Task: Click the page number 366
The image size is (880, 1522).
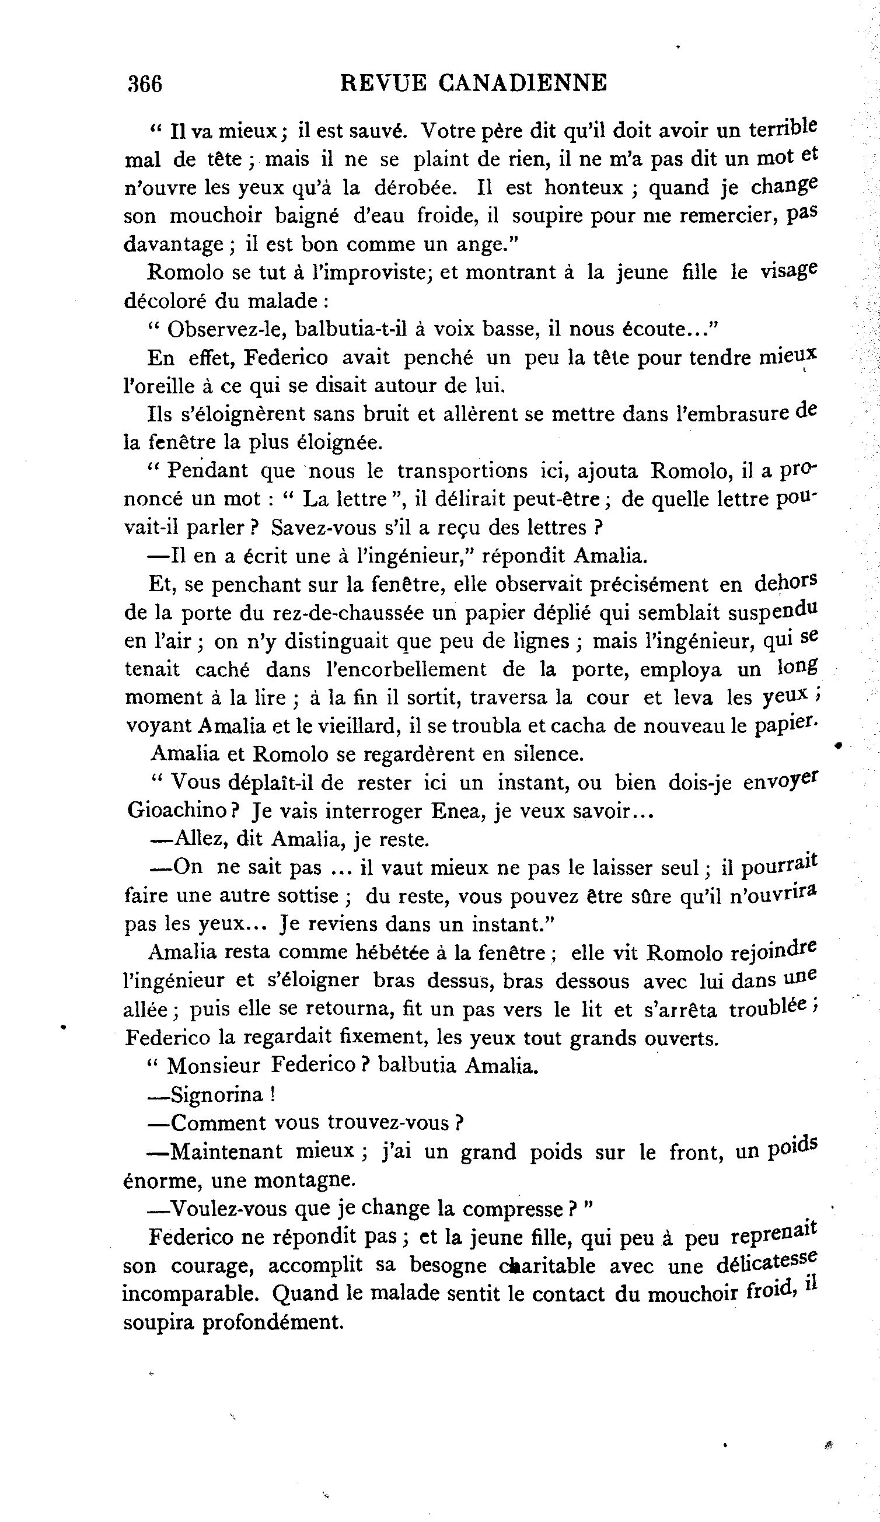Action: click(x=145, y=84)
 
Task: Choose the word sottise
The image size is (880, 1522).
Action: click(x=308, y=895)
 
